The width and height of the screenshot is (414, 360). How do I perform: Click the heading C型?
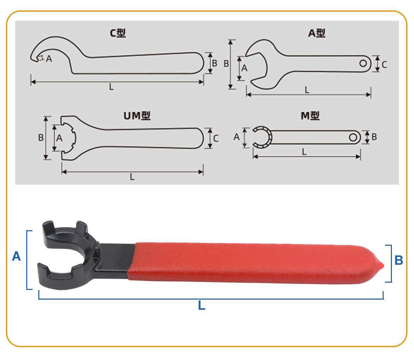(118, 33)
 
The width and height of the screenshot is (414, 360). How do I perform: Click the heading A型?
(317, 33)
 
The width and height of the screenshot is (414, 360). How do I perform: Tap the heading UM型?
(137, 116)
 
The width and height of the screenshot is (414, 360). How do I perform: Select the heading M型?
(310, 116)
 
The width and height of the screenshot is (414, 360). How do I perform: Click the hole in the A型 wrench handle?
(363, 64)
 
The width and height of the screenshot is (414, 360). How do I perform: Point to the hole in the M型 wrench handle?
(353, 138)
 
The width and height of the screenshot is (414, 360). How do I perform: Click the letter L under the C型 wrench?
(111, 87)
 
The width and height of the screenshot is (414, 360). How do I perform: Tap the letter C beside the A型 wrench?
(384, 65)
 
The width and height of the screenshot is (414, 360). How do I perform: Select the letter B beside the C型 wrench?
(215, 64)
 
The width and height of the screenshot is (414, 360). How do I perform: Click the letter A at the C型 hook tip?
(49, 59)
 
